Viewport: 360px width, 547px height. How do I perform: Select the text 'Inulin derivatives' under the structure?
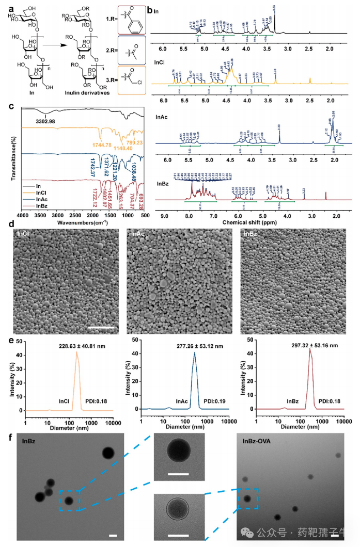86,92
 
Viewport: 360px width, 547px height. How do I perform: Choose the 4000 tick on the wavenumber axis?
22,215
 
